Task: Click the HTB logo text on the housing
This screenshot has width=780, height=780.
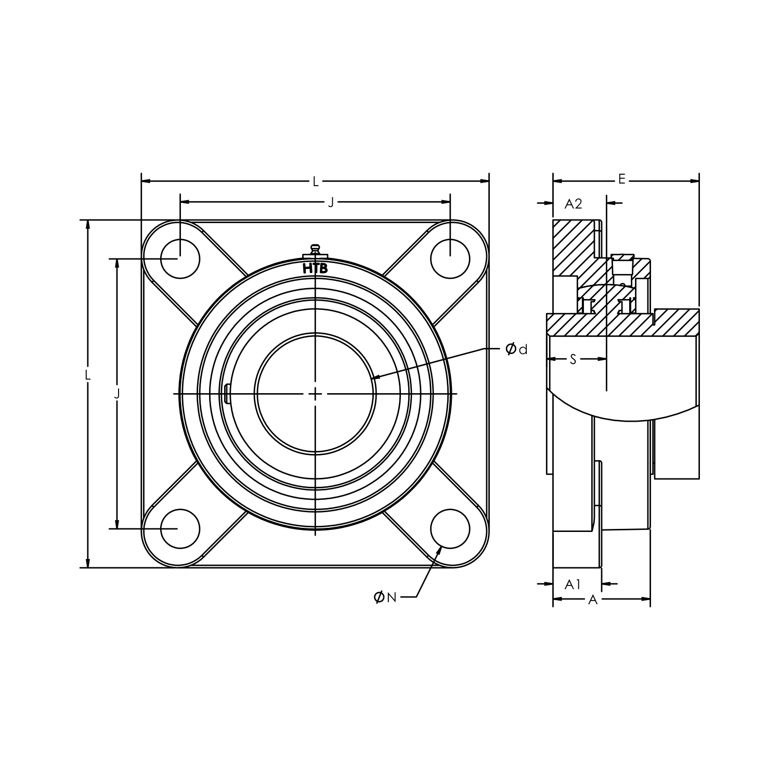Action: [x=315, y=268]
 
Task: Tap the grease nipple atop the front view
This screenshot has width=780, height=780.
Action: [x=314, y=250]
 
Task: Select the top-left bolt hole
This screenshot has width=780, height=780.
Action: [x=180, y=258]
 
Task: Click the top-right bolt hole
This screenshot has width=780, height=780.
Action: [x=450, y=258]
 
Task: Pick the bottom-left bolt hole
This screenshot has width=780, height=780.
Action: [x=180, y=529]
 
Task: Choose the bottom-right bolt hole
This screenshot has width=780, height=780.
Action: [x=450, y=529]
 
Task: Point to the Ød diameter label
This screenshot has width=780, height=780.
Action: [x=516, y=349]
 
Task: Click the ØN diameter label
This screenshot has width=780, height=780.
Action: [x=385, y=597]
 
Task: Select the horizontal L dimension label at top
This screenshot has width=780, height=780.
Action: [x=315, y=181]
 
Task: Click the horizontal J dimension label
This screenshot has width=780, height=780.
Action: [x=331, y=202]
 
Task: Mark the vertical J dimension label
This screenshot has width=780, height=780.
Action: [x=117, y=394]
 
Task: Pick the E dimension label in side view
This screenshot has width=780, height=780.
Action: [x=621, y=180]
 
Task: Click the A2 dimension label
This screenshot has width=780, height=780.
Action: [x=573, y=204]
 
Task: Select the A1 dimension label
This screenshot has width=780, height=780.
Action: [x=573, y=584]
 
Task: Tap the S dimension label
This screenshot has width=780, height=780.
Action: [x=573, y=359]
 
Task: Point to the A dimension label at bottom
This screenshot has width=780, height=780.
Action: [x=592, y=600]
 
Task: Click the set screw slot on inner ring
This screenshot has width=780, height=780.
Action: [x=227, y=394]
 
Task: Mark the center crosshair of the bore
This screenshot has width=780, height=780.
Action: [x=315, y=394]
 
